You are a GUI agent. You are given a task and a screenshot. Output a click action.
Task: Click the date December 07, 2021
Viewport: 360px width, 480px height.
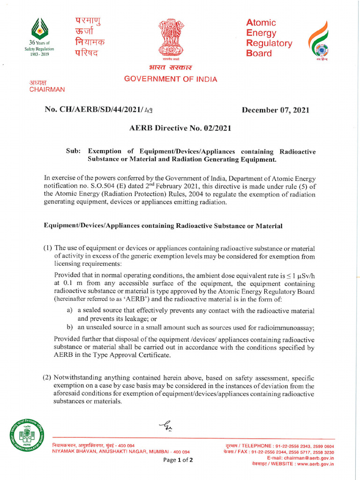[275, 110]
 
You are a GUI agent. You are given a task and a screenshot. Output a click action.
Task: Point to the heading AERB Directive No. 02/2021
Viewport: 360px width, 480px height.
[180, 127]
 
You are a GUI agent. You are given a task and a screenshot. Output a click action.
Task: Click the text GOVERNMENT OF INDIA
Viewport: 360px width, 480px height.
[171, 79]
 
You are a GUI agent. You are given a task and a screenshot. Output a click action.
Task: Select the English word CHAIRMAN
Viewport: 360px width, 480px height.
[47, 89]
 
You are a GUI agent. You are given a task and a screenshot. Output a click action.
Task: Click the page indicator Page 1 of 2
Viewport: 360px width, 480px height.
[178, 460]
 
